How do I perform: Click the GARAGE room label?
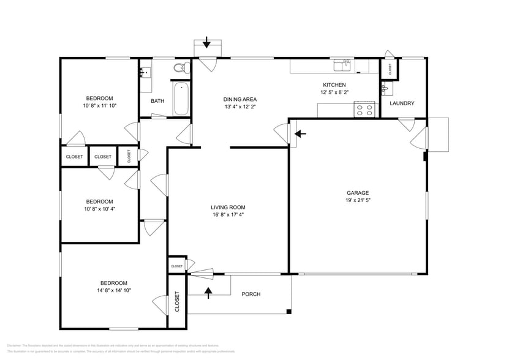358,193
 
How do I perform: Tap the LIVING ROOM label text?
228,207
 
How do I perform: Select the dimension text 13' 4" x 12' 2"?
239,107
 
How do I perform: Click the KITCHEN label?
334,85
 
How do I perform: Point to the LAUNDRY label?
402,103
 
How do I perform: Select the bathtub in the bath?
181,100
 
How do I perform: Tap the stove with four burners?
364,110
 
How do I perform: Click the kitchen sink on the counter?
341,63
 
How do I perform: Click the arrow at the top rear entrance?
206,43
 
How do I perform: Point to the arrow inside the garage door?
300,133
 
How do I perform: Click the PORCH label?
251,294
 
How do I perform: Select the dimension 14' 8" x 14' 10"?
114,290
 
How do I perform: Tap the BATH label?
157,101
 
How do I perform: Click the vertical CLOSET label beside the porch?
177,302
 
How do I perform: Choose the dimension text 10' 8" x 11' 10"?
99,106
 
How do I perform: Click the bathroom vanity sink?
145,73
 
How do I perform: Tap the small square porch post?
288,313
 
